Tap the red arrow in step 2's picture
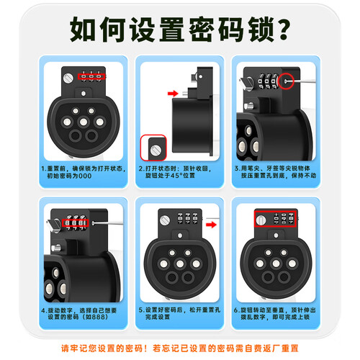click(x=173, y=93)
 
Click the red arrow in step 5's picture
click(x=211, y=225)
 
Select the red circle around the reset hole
click(x=286, y=81)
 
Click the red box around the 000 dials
click(x=91, y=76)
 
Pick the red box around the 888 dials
click(x=75, y=223)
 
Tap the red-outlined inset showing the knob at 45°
click(x=153, y=148)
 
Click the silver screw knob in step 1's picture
click(x=68, y=78)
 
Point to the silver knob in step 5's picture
click(x=165, y=220)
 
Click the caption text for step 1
click(x=84, y=172)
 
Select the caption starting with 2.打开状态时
click(x=175, y=172)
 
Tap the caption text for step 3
click(x=275, y=172)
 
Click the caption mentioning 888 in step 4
click(x=78, y=314)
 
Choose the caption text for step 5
click(x=179, y=313)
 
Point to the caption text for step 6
click(x=275, y=313)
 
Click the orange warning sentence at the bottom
click(x=180, y=348)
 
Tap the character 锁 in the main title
click(x=260, y=29)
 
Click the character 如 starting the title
click(x=83, y=29)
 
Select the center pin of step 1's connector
click(x=84, y=122)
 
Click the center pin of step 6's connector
click(x=276, y=264)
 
